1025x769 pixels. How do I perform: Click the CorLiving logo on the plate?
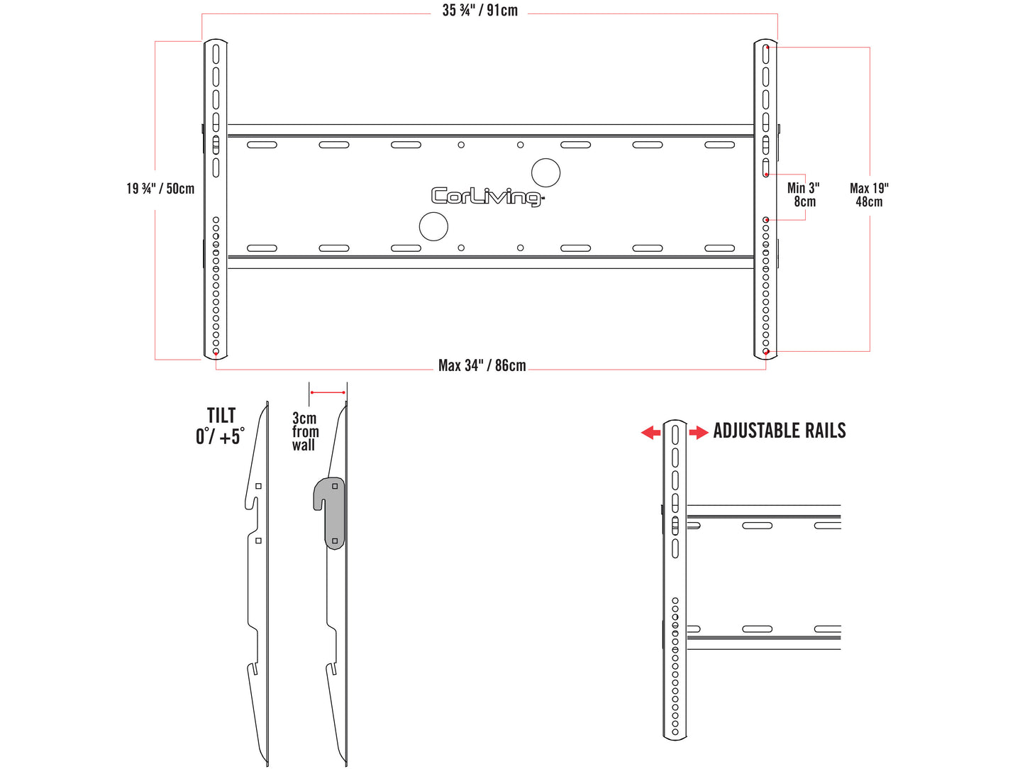coord(487,196)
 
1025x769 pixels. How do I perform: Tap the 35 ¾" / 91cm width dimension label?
coord(480,10)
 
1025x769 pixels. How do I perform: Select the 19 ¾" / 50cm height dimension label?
coord(160,189)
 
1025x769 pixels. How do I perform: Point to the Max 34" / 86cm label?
coord(482,365)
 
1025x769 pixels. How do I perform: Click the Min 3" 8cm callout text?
coord(804,194)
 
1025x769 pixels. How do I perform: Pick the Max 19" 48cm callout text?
coord(869,195)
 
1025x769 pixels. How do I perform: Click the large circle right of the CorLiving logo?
coord(545,173)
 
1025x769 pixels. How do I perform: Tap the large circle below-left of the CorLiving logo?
coord(433,226)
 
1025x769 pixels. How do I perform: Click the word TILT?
coord(221,416)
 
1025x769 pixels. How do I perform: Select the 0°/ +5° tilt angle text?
coord(220,436)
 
